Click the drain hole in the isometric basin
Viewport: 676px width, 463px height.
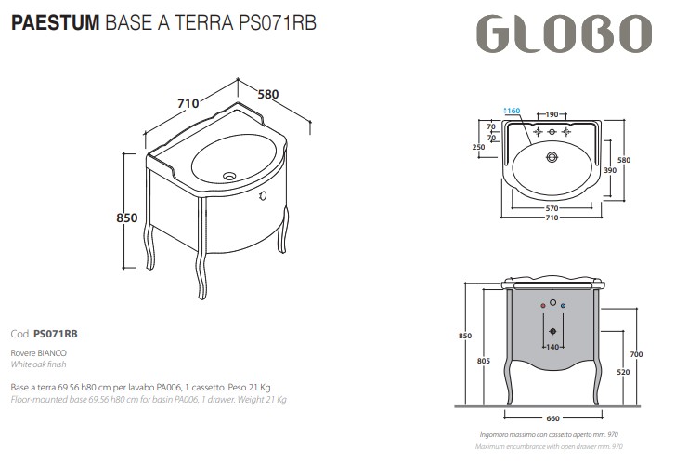click(x=229, y=174)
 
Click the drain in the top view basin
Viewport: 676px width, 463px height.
click(x=552, y=157)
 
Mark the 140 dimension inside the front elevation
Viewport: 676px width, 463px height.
click(x=552, y=347)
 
